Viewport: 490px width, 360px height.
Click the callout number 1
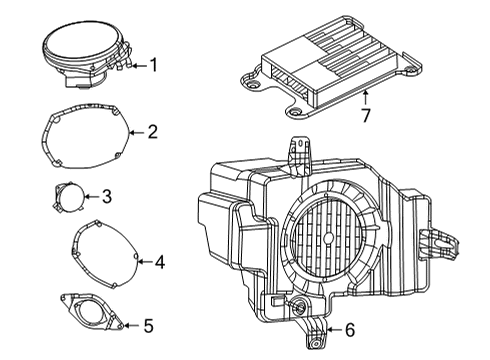154,66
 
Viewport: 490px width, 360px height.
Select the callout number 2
152,131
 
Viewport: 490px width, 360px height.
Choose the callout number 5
148,325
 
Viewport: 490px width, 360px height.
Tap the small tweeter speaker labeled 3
67,196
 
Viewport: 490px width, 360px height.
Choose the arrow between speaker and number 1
137,66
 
